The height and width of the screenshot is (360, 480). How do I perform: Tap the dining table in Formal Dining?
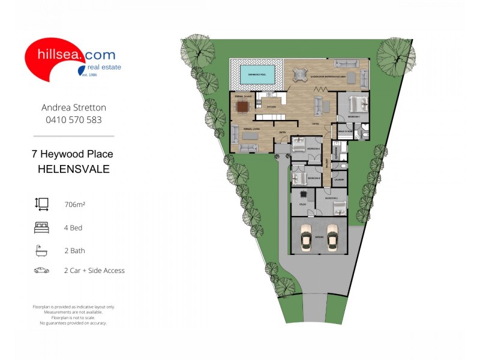point(242,107)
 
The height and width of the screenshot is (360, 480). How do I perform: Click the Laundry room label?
point(339,179)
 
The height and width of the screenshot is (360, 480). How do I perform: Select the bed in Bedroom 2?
point(339,207)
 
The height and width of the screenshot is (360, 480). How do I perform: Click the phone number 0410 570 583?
point(74,119)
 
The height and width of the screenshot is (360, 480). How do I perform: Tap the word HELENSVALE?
point(74,169)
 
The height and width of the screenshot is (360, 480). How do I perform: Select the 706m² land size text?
point(74,205)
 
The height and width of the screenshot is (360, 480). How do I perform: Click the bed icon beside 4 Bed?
point(41,227)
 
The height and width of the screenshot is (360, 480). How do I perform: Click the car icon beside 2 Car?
point(41,271)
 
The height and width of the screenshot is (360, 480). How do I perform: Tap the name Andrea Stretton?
point(74,108)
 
